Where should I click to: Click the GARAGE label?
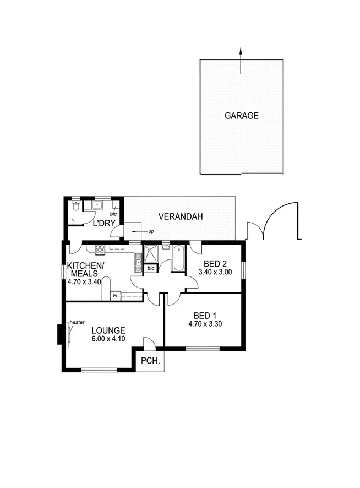[x=241, y=116]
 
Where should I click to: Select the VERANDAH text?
[x=181, y=217]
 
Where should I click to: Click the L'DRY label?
[x=102, y=224]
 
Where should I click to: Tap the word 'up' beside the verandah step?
[x=151, y=231]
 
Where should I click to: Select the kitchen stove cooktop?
[x=100, y=250]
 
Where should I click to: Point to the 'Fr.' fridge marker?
[x=116, y=296]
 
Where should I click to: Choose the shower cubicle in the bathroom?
[x=150, y=254]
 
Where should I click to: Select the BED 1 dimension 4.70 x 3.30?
[x=204, y=324]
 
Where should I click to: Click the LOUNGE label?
[x=108, y=330]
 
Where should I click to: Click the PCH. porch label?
[x=150, y=361]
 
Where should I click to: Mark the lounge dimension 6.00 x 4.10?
[x=108, y=339]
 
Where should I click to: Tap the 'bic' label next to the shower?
[x=151, y=268]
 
